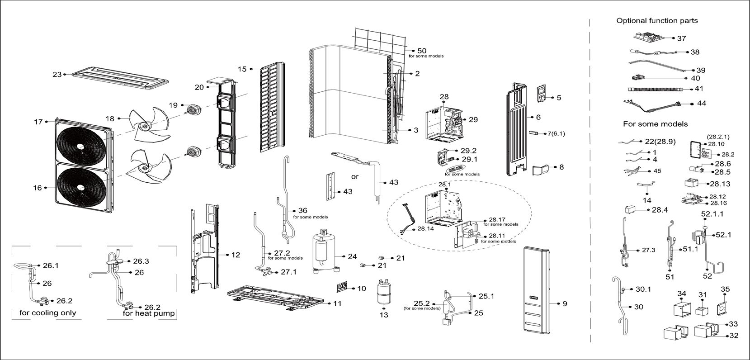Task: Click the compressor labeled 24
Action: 324,251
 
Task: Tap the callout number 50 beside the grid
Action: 422,51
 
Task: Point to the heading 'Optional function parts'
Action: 657,21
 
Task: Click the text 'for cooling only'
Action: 48,313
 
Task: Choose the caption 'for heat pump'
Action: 149,313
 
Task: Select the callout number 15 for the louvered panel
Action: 242,69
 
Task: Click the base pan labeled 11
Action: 276,298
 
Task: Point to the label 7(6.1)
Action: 556,134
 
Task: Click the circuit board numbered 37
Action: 649,37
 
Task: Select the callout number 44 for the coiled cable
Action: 701,103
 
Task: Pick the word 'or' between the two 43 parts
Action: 354,176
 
